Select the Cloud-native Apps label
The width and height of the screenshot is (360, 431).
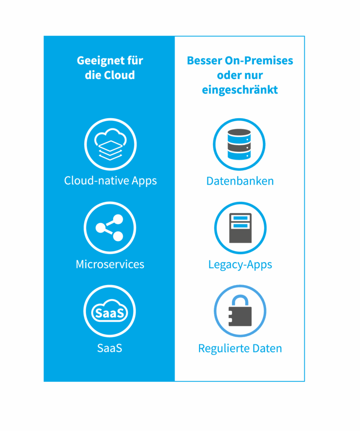click(x=110, y=181)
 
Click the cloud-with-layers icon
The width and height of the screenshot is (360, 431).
click(x=110, y=144)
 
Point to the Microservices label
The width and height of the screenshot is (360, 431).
click(x=110, y=264)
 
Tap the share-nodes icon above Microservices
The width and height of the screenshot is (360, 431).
click(x=110, y=228)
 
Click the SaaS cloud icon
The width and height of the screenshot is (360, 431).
click(x=109, y=312)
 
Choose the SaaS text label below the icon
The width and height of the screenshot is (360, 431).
click(x=109, y=349)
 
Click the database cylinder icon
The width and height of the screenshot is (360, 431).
click(x=239, y=144)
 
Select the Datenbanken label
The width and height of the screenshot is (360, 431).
click(x=240, y=181)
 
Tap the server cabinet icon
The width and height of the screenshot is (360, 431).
click(x=240, y=228)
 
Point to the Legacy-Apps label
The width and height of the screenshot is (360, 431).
click(x=240, y=265)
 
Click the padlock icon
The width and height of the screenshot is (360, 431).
click(x=240, y=311)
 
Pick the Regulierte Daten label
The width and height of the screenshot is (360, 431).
click(x=240, y=349)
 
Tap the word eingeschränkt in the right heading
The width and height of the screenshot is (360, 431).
click(x=240, y=90)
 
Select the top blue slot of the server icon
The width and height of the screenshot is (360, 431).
click(x=240, y=218)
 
